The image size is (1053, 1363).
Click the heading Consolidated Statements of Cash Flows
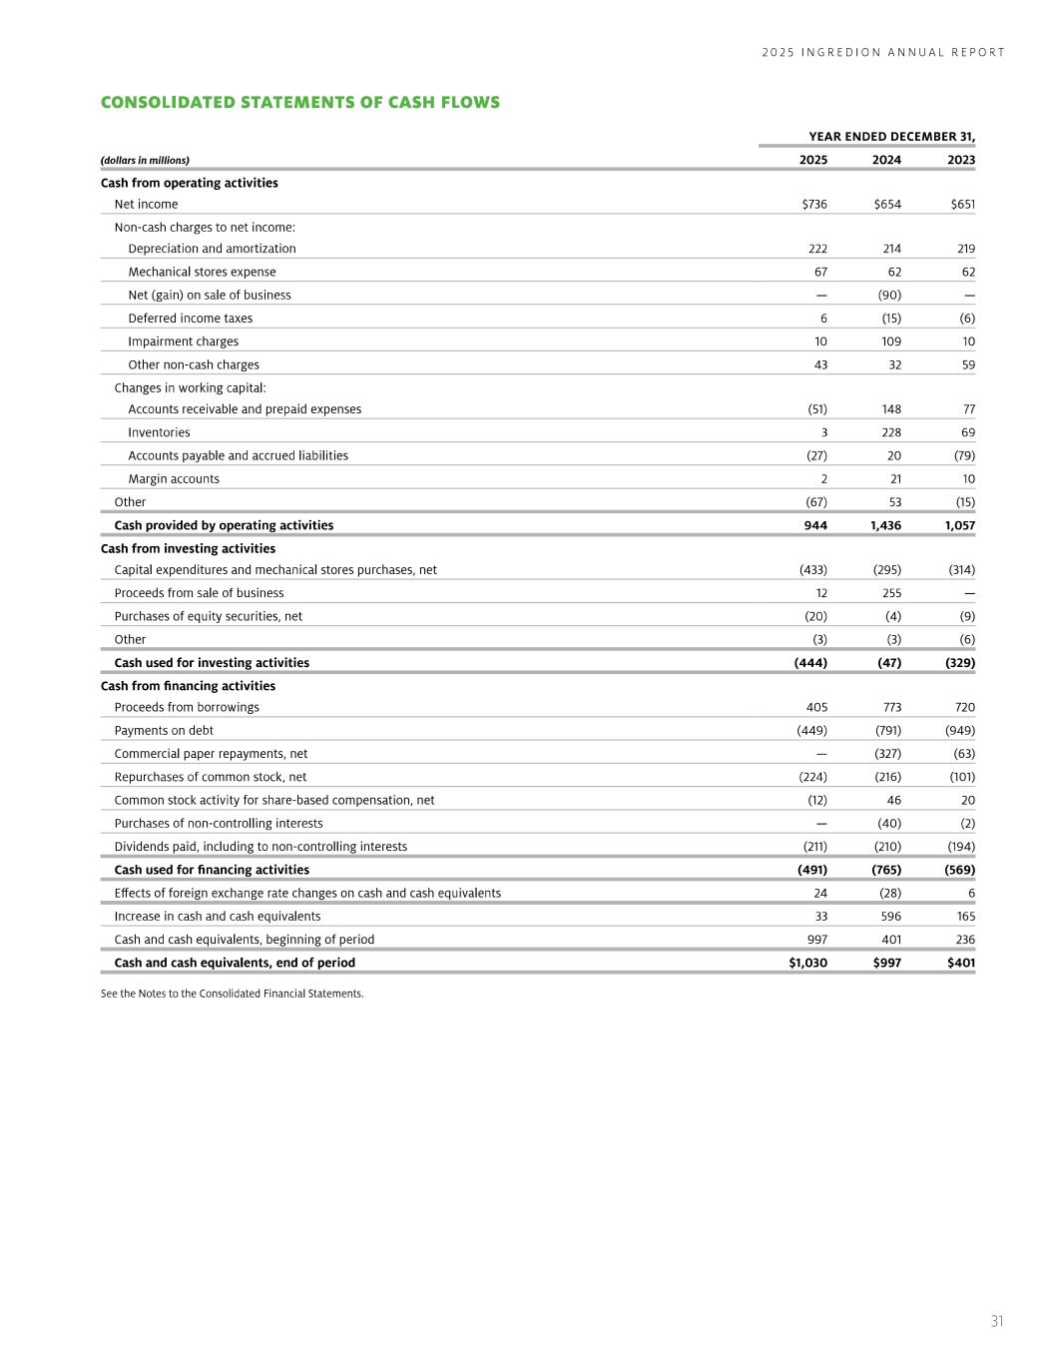pos(299,103)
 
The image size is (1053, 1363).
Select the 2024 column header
pos(886,160)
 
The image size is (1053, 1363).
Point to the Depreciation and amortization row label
pos(212,249)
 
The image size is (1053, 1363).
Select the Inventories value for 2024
pos(888,432)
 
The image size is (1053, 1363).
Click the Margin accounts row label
pos(174,479)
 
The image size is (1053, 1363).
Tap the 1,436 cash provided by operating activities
pos(885,525)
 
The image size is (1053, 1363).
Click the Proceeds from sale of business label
pos(199,593)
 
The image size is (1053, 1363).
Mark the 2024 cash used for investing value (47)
pos(887,663)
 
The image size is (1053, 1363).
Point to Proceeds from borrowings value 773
pos(891,708)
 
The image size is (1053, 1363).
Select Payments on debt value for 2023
pos(959,731)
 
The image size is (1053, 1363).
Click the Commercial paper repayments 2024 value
pos(888,754)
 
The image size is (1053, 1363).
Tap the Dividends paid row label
pos(261,847)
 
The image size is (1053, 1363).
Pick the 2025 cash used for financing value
pos(809,870)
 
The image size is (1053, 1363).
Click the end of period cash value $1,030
pos(807,963)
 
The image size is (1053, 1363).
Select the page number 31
pos(996,1321)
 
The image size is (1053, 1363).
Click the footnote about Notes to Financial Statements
pos(232,994)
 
